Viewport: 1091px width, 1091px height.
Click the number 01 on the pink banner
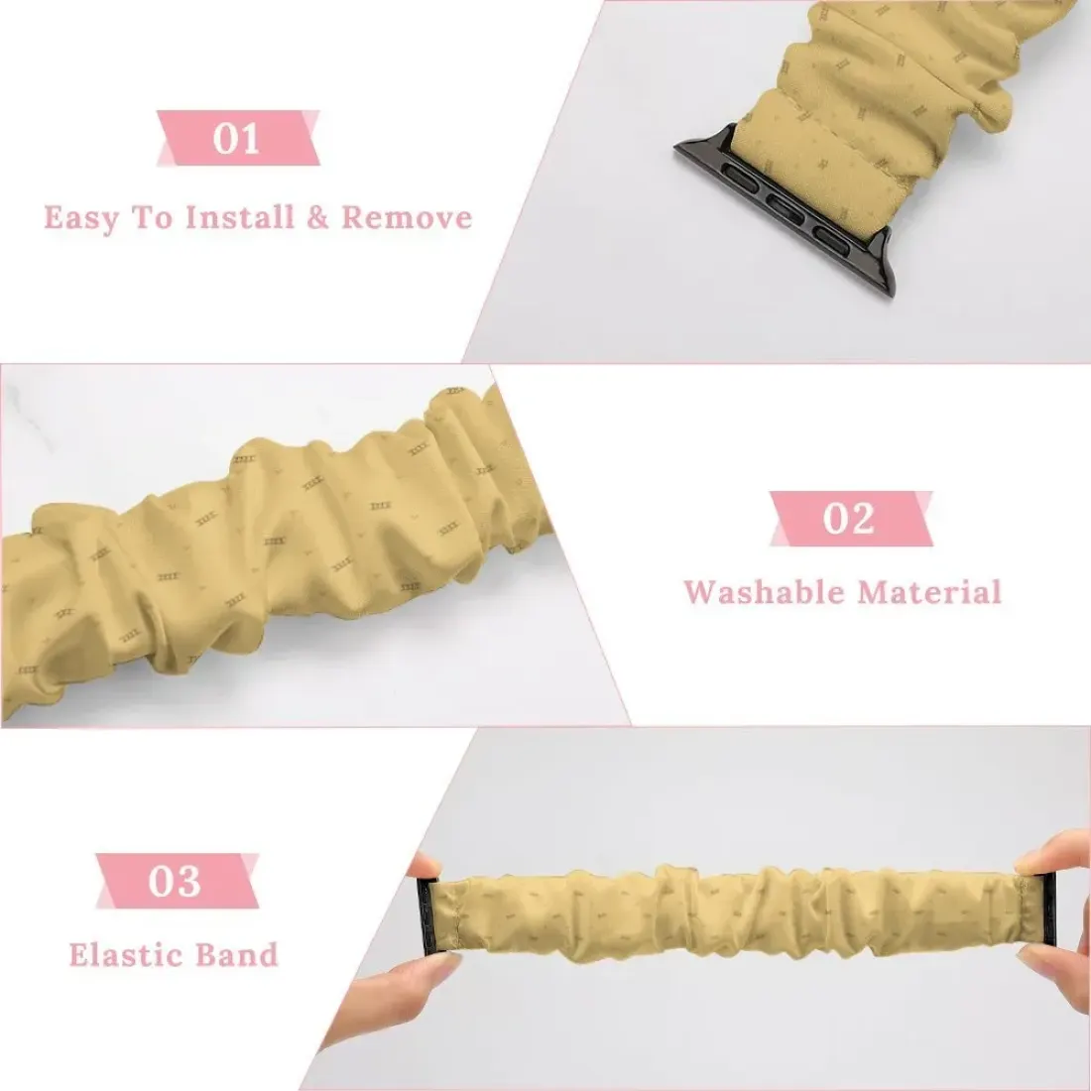[x=237, y=138]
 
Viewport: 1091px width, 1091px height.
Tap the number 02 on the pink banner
[x=849, y=519]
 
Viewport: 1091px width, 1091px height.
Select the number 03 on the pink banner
[x=175, y=881]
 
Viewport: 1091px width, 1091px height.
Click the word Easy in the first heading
[x=81, y=218]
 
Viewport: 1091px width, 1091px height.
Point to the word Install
[x=240, y=217]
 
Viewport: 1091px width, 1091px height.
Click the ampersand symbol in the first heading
[x=317, y=218]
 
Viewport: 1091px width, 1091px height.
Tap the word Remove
[x=407, y=218]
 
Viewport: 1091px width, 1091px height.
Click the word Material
[x=929, y=592]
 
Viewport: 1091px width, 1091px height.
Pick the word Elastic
[x=125, y=954]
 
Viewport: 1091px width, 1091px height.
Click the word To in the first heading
[x=152, y=218]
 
